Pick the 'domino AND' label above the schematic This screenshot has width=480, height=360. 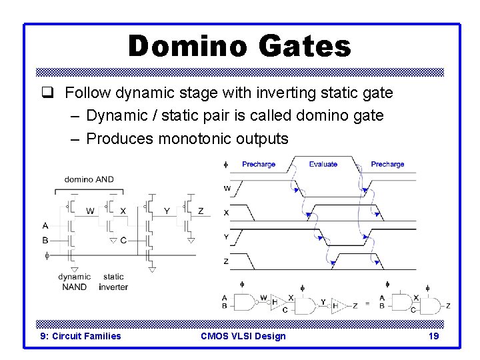[x=89, y=179]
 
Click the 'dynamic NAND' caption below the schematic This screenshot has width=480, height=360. [x=74, y=281]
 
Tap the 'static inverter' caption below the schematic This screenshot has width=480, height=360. [x=113, y=281]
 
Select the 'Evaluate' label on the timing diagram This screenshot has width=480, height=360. [x=323, y=164]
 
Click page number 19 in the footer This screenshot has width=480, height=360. [x=433, y=336]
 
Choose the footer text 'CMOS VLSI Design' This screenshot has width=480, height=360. [x=243, y=336]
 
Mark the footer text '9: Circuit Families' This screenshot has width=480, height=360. [x=81, y=336]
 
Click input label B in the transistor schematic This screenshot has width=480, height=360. [x=45, y=240]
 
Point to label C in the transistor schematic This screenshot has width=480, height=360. [x=123, y=240]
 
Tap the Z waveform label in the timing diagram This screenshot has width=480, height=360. [x=226, y=261]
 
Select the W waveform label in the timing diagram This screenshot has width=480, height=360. [x=227, y=189]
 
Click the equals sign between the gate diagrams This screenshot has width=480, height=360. [x=367, y=305]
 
